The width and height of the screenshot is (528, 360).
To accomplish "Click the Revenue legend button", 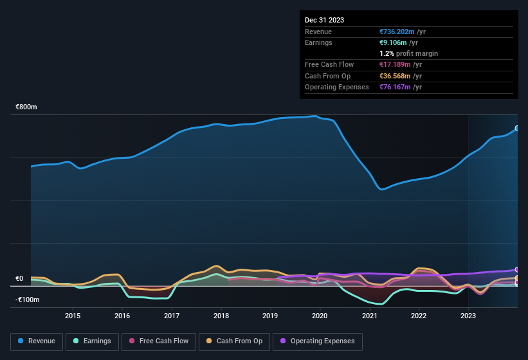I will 37,341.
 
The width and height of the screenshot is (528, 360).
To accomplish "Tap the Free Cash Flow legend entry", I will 159,341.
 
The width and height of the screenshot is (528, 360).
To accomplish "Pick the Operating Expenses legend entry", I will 318,341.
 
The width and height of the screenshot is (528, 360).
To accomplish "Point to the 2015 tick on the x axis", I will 73,316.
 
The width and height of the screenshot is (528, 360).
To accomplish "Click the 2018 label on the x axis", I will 221,316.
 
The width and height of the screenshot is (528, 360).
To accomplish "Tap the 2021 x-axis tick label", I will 369,316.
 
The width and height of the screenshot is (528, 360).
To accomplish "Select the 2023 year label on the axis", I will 468,316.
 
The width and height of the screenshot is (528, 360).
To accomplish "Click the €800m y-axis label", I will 26,107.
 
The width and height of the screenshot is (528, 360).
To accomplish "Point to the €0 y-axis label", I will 19,279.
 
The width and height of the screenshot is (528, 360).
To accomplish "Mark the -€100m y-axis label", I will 28,300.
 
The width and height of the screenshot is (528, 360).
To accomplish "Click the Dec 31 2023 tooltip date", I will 324,20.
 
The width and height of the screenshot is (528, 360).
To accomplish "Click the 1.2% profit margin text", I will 408,53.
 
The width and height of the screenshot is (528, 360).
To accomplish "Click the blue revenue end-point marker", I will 517,129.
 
